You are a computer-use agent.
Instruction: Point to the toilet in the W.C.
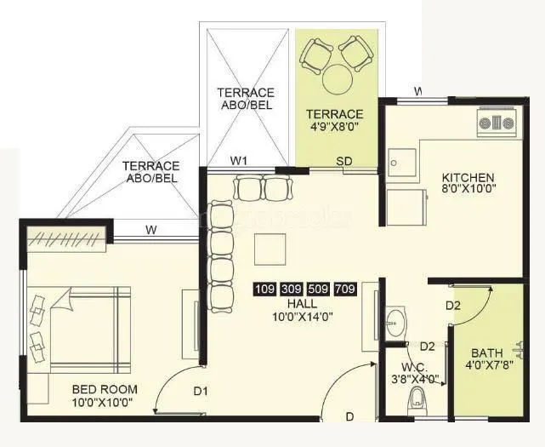(x=417, y=398)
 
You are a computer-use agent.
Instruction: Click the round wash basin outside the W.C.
(x=395, y=322)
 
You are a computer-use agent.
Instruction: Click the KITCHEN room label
(x=467, y=177)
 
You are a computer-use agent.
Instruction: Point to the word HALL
(x=302, y=303)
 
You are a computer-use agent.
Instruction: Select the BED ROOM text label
(x=105, y=389)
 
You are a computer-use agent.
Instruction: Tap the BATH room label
(x=487, y=352)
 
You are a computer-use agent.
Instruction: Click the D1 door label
(x=201, y=393)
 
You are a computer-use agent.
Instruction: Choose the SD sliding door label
(x=344, y=160)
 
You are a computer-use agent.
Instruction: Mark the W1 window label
(x=240, y=160)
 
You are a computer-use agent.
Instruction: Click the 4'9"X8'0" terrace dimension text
(x=335, y=129)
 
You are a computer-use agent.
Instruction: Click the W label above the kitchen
(x=417, y=90)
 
